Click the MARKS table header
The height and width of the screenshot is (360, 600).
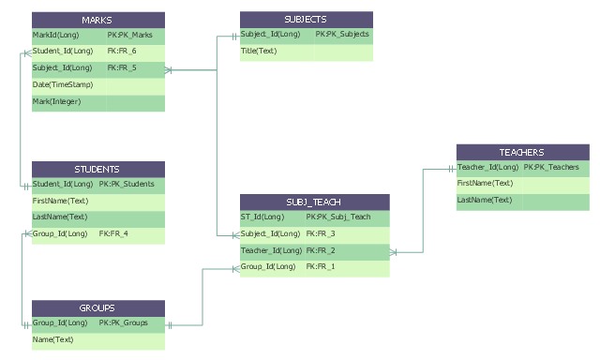[x=98, y=20]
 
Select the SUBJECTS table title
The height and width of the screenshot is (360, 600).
[x=306, y=19]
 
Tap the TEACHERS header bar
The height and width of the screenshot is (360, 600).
[x=523, y=152]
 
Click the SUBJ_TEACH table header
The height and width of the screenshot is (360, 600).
[x=315, y=202]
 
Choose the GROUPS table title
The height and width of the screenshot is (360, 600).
[x=97, y=308]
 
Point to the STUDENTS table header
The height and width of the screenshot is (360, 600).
[x=98, y=169]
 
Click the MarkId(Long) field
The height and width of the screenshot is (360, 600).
[x=55, y=36]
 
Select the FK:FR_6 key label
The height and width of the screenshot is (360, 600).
[x=122, y=51]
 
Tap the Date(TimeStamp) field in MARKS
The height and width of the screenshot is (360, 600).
[x=63, y=84]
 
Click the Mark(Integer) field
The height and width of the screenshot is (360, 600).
[x=56, y=102]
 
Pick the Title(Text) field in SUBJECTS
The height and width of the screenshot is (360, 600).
[x=259, y=51]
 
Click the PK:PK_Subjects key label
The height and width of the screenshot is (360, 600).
[x=342, y=34]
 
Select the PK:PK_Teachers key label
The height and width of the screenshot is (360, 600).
[x=551, y=167]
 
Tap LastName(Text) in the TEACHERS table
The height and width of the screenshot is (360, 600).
[x=485, y=200]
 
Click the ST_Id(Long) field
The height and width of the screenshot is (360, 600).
[x=262, y=217]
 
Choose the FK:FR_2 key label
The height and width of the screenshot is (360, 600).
[x=321, y=250]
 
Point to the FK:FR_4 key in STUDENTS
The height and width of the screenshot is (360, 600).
[x=113, y=233]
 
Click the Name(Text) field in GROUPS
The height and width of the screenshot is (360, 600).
[x=52, y=339]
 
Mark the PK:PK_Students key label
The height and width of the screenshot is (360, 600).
[x=127, y=184]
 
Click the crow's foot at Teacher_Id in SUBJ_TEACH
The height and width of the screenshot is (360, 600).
[x=394, y=252]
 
